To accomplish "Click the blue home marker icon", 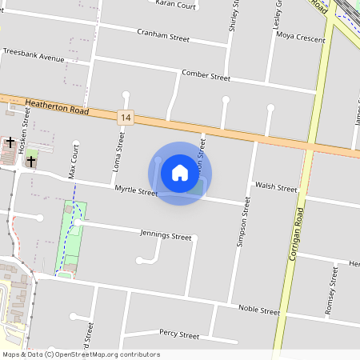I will (180, 173).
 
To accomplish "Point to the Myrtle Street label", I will (136, 191).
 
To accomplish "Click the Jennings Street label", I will (166, 237).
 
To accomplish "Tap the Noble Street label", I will (258, 310).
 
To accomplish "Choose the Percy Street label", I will (178, 334).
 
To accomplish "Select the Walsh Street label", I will (276, 187).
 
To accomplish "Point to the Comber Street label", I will (206, 76).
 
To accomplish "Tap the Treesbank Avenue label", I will (33, 58).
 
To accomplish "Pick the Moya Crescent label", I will (300, 38).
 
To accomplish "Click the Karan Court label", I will (175, 5).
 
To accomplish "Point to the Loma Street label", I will (121, 153).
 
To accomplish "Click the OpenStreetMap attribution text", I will (81, 354).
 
